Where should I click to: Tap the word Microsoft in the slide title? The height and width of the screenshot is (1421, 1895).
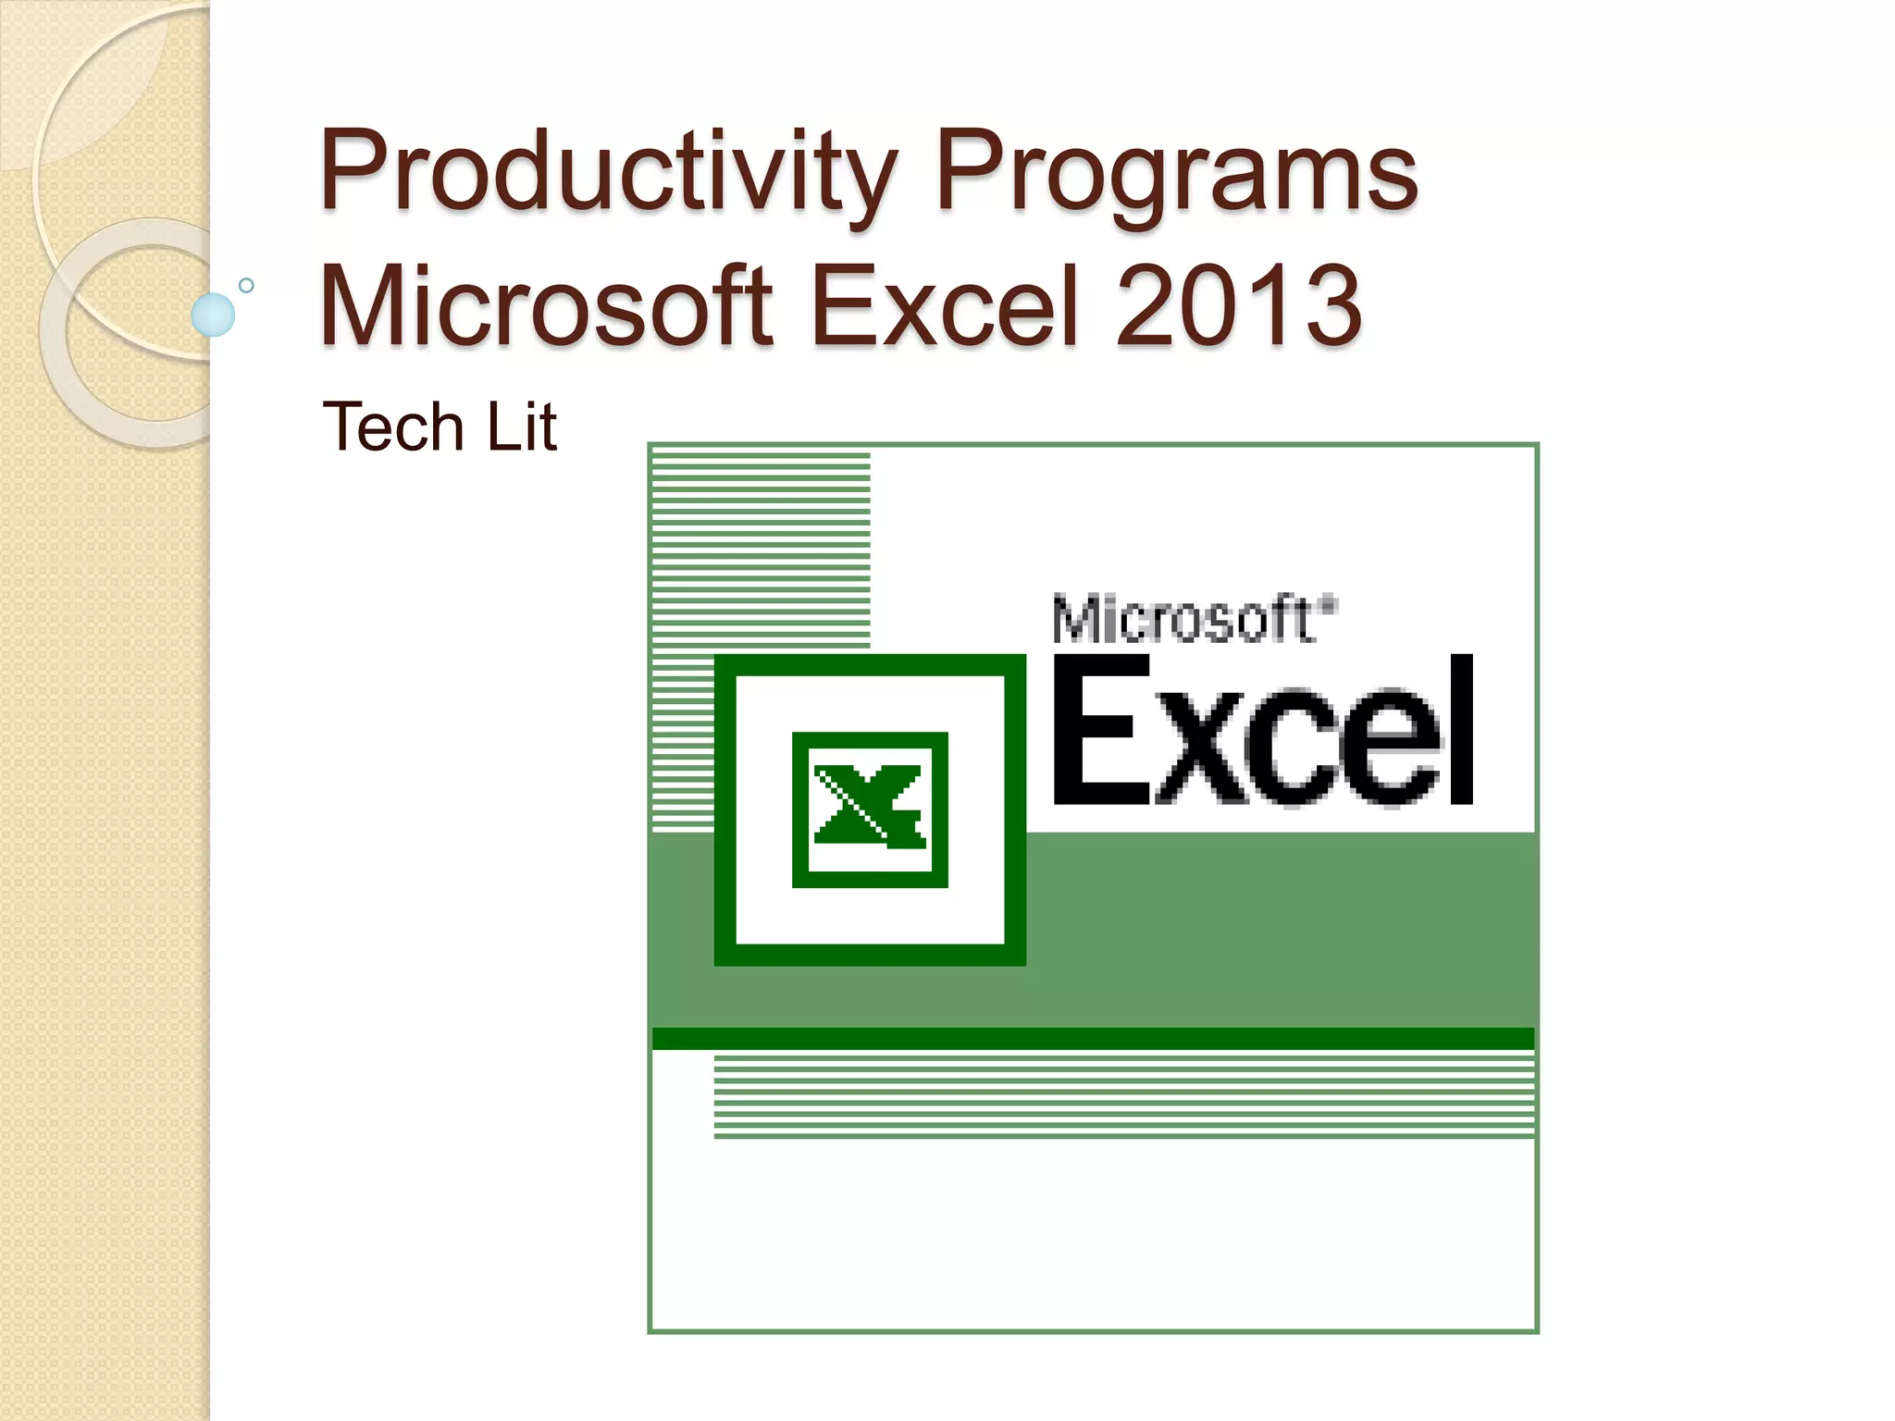pos(546,305)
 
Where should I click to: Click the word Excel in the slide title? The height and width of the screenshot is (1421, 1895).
pos(946,305)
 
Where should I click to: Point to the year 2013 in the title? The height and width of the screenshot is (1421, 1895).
pos(1238,305)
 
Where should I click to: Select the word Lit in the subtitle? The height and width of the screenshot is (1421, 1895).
pos(522,427)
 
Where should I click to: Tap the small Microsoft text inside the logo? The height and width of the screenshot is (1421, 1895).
pos(1183,620)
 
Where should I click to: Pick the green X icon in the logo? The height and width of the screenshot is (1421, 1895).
pos(870,808)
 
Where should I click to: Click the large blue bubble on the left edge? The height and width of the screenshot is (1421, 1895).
pos(213,315)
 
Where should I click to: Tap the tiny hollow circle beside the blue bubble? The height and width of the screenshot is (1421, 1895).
pos(246,285)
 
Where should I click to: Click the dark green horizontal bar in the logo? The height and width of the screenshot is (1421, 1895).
pos(1092,1038)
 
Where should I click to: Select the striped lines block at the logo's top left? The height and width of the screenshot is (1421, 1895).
pos(761,546)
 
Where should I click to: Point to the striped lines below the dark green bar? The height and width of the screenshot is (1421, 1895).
pos(1123,1097)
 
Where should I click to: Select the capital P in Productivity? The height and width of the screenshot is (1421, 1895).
pos(350,170)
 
